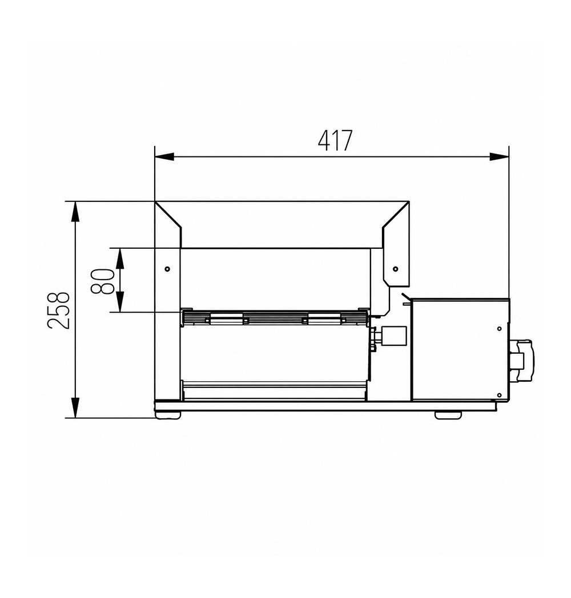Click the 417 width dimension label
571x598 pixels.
[x=335, y=141]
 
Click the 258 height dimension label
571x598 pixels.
[x=58, y=310]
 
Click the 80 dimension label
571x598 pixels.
[x=102, y=281]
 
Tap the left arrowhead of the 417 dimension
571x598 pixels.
[x=164, y=156]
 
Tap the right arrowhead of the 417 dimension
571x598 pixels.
[x=499, y=156]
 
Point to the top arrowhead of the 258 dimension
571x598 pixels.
[x=75, y=211]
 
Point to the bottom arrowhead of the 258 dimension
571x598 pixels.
[x=75, y=407]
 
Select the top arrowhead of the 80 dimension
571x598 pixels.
[x=120, y=258]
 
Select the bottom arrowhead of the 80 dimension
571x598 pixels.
[x=120, y=302]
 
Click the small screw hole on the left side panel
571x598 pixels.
[x=167, y=269]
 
